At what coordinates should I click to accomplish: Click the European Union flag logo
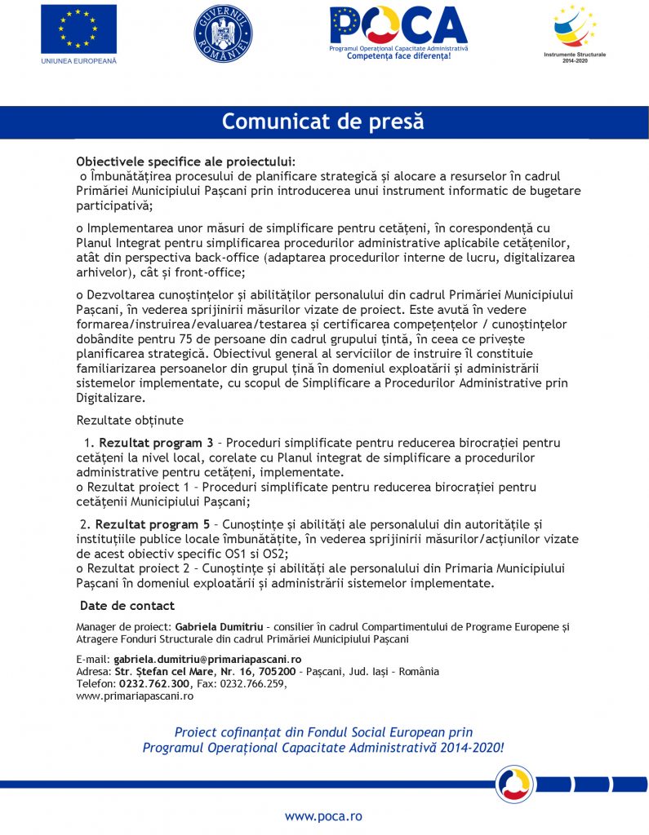pos(78,29)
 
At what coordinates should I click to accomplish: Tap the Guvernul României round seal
pos(223,33)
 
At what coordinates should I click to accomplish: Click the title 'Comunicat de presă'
pos(324,121)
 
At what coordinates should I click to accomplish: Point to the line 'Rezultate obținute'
pos(130,421)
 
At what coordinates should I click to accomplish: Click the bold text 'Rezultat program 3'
pos(156,443)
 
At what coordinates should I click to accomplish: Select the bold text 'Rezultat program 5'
pos(153,524)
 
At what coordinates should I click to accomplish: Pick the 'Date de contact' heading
pos(127,606)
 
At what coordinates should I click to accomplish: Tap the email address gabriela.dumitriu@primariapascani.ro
pos(208,659)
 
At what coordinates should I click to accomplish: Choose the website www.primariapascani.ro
pos(135,696)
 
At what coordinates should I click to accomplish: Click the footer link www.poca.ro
pos(323,815)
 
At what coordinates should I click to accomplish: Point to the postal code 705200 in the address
pos(277,671)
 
